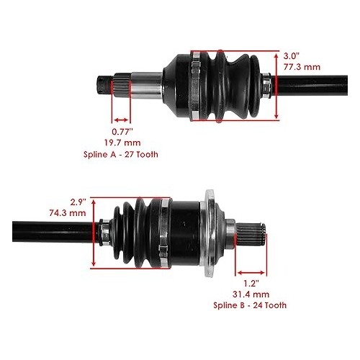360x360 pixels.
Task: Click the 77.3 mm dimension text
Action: (302, 67)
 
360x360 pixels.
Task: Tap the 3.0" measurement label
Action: (292, 56)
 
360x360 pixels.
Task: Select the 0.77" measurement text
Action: (122, 132)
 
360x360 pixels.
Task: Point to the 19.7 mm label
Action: (122, 143)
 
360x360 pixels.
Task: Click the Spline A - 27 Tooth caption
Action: (121, 154)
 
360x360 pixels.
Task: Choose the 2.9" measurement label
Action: (78, 202)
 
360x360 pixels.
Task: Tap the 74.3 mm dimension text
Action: (68, 213)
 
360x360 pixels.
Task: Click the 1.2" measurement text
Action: (251, 284)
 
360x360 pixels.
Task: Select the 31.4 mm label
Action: (251, 294)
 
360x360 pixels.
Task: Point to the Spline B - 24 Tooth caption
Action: (250, 305)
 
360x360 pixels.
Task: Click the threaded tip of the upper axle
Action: (104, 85)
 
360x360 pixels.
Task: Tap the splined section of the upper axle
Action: (122, 85)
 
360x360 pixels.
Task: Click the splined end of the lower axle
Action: (251, 234)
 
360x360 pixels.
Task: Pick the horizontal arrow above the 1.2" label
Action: (251, 273)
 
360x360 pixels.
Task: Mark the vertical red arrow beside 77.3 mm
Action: (276, 86)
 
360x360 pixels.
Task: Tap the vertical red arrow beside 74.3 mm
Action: (94, 233)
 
